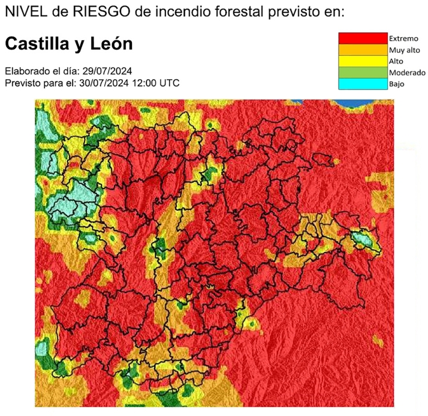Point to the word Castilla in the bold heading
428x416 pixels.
pyautogui.click(x=38, y=44)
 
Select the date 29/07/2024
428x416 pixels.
pyautogui.click(x=110, y=71)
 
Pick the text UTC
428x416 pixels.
pyautogui.click(x=168, y=83)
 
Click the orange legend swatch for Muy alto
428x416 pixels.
pyautogui.click(x=363, y=50)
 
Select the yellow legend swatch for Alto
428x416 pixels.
pyautogui.click(x=363, y=61)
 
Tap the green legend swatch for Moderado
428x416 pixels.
pyautogui.click(x=363, y=73)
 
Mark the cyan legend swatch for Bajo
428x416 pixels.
pyautogui.click(x=363, y=84)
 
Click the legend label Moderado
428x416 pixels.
pyautogui.click(x=407, y=73)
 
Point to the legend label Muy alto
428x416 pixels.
pyautogui.click(x=405, y=50)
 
